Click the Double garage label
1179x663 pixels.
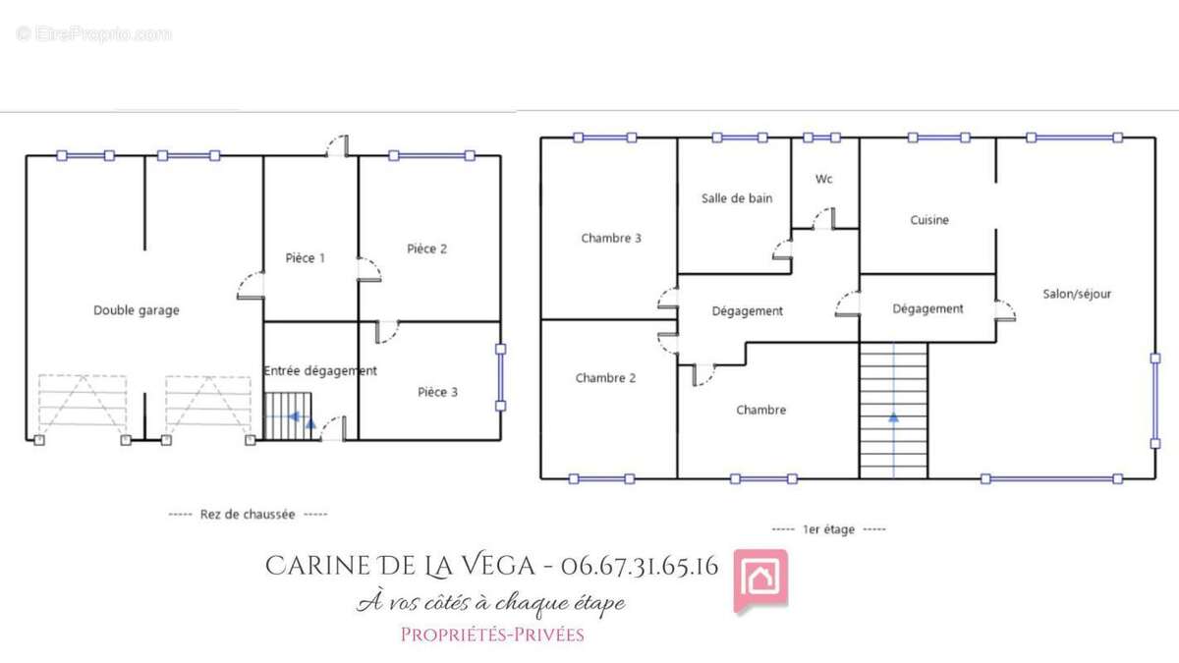[x=137, y=310]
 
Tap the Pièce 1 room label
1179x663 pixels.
[x=306, y=257]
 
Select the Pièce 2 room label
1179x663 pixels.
[x=426, y=249]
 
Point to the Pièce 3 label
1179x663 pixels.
[x=437, y=392]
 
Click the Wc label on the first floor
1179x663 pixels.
[x=823, y=179]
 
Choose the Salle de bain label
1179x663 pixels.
[x=737, y=198]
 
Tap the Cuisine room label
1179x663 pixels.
[x=929, y=220]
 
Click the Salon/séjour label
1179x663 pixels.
[x=1077, y=294]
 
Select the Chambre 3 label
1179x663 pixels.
[x=611, y=239]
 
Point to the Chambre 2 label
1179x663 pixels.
[x=605, y=378]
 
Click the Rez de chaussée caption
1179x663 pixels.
[x=248, y=515]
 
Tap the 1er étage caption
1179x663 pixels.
[x=828, y=529]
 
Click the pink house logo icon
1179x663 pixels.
[x=760, y=580]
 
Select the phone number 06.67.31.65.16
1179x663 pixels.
[x=640, y=566]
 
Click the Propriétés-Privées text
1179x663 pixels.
[x=492, y=635]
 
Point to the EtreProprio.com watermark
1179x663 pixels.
[x=93, y=34]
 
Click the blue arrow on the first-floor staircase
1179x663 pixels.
[x=893, y=417]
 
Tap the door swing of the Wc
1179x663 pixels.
[x=823, y=219]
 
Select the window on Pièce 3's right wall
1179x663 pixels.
[x=500, y=377]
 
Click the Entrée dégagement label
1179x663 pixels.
[x=320, y=371]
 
